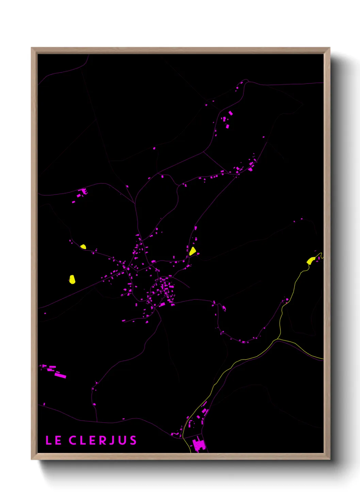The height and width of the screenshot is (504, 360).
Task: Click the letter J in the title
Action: pyautogui.click(x=113, y=441)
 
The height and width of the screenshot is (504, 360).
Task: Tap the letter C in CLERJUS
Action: pyautogui.click(x=73, y=440)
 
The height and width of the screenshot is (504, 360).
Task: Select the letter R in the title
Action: pyautogui.click(x=102, y=440)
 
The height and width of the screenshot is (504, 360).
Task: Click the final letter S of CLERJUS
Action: pyautogui.click(x=133, y=440)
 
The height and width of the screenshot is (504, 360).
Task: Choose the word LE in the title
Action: pyautogui.click(x=53, y=440)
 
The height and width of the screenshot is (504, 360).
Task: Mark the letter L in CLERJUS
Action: pyautogui.click(x=83, y=440)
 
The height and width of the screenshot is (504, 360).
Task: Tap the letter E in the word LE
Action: pyautogui.click(x=58, y=440)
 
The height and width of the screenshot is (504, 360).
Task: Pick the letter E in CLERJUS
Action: pyautogui.click(x=92, y=440)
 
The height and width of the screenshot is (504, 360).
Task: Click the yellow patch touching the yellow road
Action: pyautogui.click(x=311, y=261)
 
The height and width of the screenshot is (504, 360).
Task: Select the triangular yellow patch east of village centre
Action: pyautogui.click(x=193, y=252)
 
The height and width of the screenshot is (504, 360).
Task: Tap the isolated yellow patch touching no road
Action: pyautogui.click(x=72, y=280)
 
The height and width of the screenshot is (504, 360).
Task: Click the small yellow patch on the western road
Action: pyautogui.click(x=83, y=247)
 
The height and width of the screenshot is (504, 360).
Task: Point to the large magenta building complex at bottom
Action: pyautogui.click(x=199, y=445)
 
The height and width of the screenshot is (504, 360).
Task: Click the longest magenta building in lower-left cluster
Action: pyautogui.click(x=60, y=376)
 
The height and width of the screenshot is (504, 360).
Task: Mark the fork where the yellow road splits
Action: pyautogui.click(x=279, y=339)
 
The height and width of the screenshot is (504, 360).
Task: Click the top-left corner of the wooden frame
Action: pyautogui.click(x=32, y=48)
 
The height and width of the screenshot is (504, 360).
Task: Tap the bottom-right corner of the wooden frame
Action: pyautogui.click(x=329, y=459)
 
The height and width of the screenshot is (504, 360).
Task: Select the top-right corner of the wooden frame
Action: pyautogui.click(x=329, y=48)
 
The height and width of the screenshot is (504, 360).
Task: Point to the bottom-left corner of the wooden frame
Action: pyautogui.click(x=32, y=459)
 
